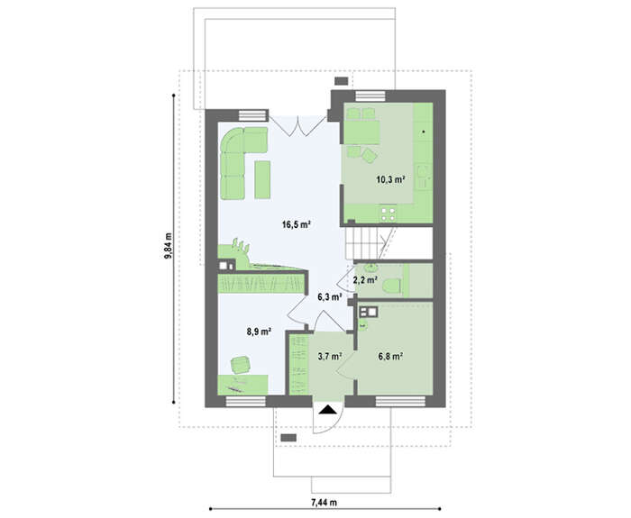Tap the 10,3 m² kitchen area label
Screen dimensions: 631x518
[x=390, y=179]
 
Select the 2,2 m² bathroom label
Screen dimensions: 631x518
[x=365, y=279]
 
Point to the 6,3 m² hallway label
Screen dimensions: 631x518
[x=330, y=297]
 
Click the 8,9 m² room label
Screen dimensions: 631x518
[x=259, y=332]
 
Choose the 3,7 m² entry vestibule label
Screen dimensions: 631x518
[x=330, y=356]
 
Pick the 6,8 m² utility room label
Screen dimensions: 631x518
[x=390, y=356]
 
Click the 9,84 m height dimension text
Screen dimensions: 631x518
[x=168, y=245]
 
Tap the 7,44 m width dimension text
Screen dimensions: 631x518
[x=324, y=503]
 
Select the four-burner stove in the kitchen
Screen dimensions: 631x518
[x=389, y=214]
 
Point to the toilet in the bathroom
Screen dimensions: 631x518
[x=391, y=286]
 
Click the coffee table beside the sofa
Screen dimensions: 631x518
[x=262, y=179]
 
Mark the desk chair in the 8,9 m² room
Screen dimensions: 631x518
[x=241, y=365]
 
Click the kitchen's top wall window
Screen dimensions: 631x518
[x=370, y=96]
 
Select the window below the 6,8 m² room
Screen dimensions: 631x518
[x=400, y=402]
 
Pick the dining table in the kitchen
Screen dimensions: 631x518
[x=362, y=132]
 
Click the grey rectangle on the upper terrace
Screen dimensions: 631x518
[x=342, y=81]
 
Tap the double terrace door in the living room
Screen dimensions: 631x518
[x=297, y=124]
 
